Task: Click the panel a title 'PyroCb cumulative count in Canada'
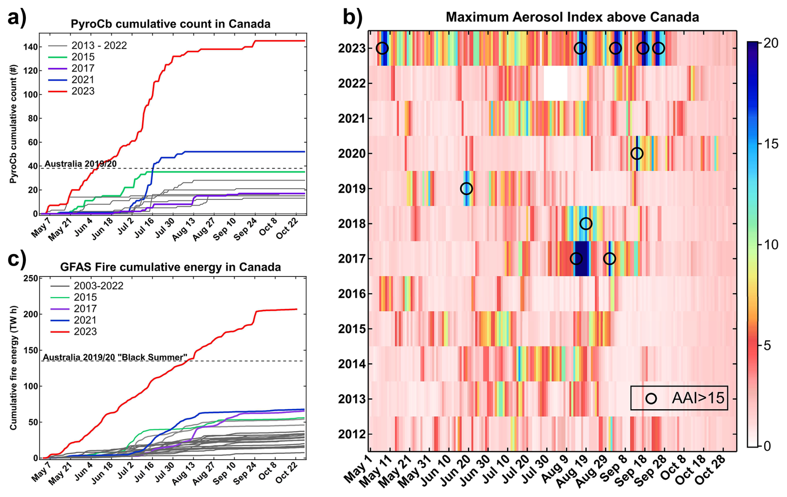171,24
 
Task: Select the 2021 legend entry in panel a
83,79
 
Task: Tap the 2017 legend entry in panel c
85,309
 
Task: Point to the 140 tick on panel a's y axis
30,47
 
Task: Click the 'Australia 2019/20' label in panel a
81,164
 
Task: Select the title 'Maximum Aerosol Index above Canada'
572,17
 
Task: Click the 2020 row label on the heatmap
352,154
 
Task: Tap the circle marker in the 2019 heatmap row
466,189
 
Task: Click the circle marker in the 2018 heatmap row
586,224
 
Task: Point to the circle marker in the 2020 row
636,154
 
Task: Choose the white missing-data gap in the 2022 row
555,84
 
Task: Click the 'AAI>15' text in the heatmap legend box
698,398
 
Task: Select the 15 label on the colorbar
771,144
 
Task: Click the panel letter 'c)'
17,259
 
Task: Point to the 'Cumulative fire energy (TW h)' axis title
14,368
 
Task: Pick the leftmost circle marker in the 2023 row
382,48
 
